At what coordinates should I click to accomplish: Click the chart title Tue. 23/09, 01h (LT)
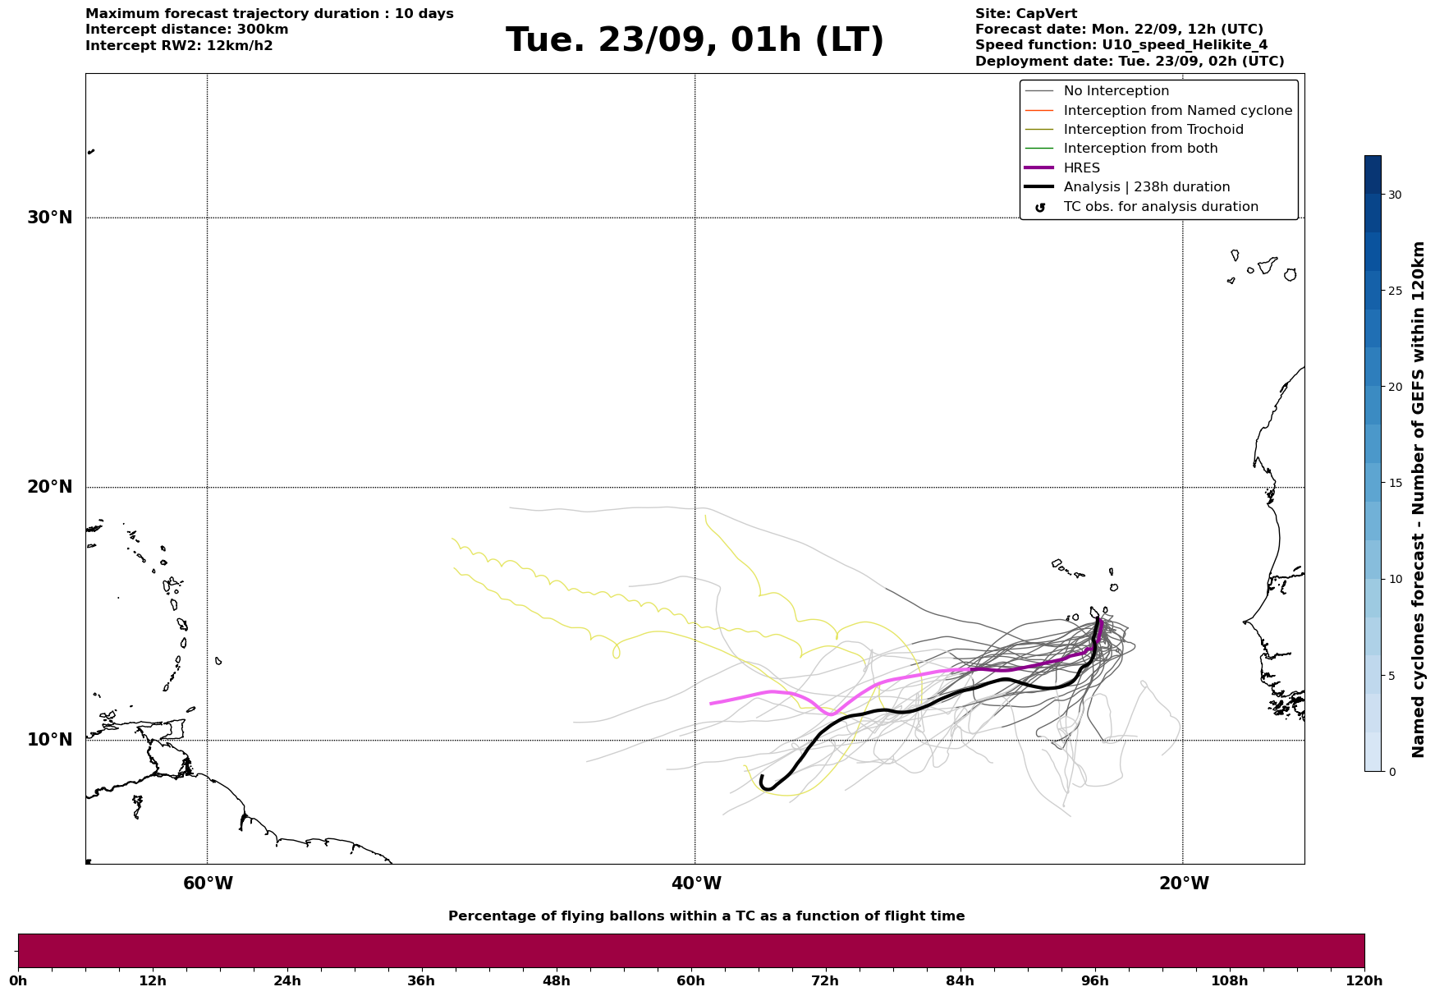coord(695,40)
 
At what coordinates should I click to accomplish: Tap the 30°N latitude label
coord(49,218)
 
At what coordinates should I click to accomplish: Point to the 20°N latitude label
coord(49,487)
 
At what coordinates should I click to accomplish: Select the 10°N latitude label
coord(49,740)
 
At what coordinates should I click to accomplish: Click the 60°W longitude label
coord(208,884)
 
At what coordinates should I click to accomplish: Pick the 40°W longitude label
coord(696,884)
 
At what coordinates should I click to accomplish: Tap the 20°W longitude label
coord(1184,884)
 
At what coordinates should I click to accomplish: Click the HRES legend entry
coord(1081,168)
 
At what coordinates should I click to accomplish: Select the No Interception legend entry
coord(1116,91)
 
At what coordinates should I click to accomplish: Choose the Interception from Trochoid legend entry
coord(1153,130)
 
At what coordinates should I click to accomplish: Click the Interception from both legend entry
coord(1140,149)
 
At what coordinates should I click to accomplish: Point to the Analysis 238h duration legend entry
coord(1146,187)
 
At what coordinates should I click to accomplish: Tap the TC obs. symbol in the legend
coord(1040,208)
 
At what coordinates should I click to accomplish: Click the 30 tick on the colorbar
coord(1395,195)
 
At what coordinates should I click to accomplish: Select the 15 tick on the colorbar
coord(1395,483)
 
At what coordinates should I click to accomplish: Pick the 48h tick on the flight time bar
coord(556,980)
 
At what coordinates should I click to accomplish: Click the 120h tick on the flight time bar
coord(1364,980)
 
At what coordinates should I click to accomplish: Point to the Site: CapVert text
coord(1025,14)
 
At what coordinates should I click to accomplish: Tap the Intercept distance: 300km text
coord(186,30)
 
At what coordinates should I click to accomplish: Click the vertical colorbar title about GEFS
coord(1418,499)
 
